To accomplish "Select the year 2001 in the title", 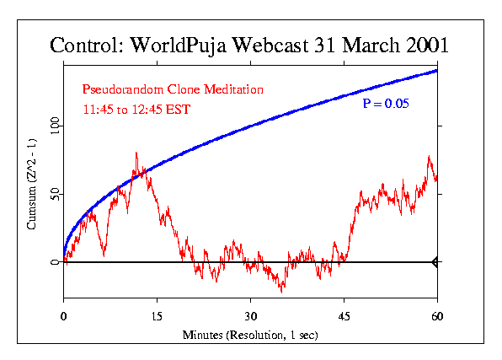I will click(420, 46).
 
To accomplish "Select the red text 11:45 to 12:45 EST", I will click(133, 109).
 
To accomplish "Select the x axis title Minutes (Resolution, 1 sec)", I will click(250, 335).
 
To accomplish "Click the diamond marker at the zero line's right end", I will click(435, 262).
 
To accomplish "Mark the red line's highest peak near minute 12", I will click(136, 153).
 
